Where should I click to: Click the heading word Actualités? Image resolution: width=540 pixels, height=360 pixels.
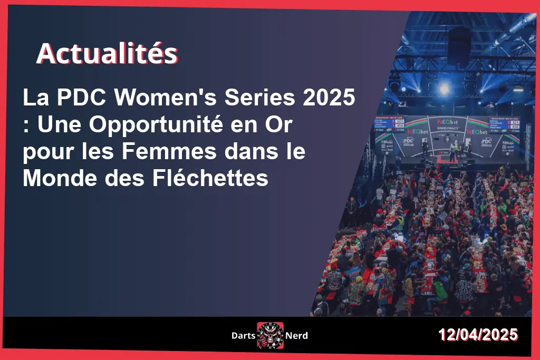(x=107, y=54)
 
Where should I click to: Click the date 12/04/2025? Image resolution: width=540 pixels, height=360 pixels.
(x=478, y=335)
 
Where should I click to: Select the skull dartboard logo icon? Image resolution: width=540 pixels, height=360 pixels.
(x=270, y=335)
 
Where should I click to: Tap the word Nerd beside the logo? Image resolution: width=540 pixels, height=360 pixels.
(x=296, y=335)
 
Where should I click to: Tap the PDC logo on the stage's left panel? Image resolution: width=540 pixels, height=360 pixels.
(x=408, y=141)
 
